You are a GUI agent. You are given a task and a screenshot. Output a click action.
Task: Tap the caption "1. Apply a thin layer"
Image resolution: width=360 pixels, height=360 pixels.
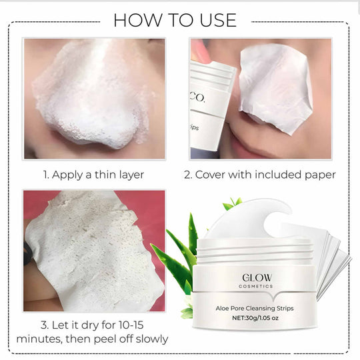coord(93,175)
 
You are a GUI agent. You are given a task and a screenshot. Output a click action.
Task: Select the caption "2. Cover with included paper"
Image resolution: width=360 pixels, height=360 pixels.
coord(260,175)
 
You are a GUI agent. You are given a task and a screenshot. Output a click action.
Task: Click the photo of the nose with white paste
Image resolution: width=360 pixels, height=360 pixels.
coord(93,99)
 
